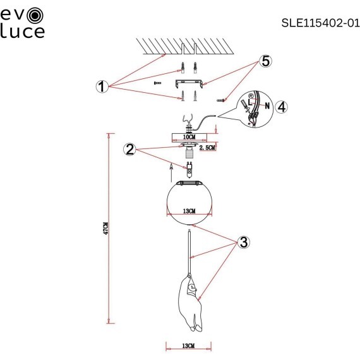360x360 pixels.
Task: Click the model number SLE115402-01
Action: click(x=320, y=23)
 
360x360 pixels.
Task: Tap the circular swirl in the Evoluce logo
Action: click(x=35, y=16)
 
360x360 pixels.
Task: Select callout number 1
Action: click(x=102, y=87)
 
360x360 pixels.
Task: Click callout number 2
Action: click(x=129, y=150)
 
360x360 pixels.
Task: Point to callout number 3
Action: click(x=243, y=242)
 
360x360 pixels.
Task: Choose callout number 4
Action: click(x=281, y=107)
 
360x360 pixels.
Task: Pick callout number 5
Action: click(x=265, y=61)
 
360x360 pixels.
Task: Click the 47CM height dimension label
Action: click(x=105, y=228)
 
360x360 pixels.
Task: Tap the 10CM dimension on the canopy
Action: click(x=189, y=137)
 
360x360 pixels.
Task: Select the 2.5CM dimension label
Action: click(x=207, y=147)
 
